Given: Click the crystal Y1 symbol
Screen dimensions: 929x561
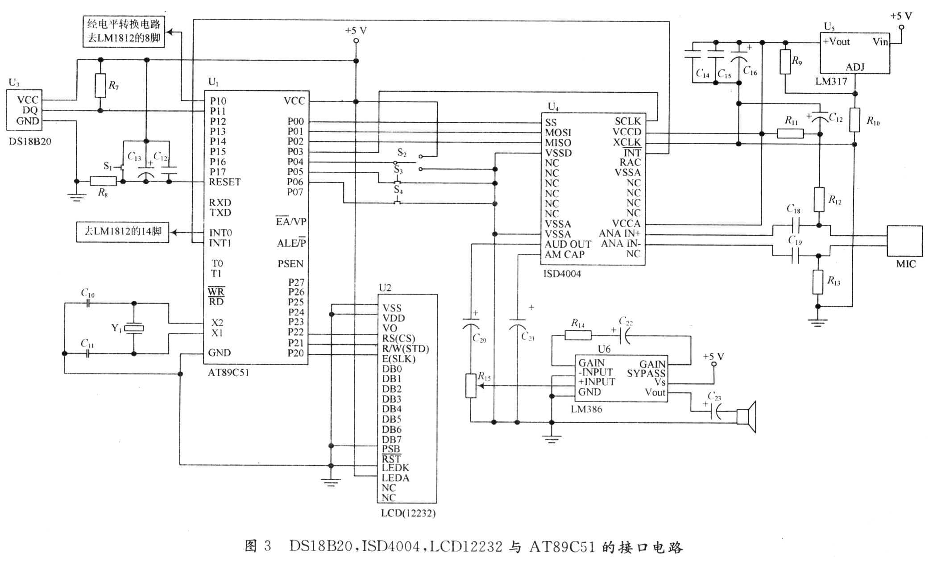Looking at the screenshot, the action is tap(134, 328).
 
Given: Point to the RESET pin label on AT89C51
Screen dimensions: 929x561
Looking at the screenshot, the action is tap(224, 182).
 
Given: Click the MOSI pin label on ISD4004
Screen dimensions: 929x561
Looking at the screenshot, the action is tap(558, 133).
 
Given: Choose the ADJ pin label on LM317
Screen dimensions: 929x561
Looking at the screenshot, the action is tap(855, 67).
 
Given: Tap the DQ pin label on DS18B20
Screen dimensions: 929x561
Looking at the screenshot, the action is tap(30, 110).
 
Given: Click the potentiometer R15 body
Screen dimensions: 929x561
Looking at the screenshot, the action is tap(471, 386).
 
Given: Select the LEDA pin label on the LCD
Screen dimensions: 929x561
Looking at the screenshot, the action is tap(395, 478).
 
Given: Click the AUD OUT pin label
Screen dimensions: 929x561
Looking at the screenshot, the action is tap(568, 244).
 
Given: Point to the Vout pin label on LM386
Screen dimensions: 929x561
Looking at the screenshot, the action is tap(655, 393).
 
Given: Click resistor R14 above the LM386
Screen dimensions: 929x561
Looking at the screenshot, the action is tap(578, 335).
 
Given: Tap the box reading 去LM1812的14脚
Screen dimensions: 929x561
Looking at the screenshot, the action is tap(123, 232).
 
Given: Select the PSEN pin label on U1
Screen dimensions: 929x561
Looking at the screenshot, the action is tap(290, 264).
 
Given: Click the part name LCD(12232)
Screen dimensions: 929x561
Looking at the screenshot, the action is tap(408, 513).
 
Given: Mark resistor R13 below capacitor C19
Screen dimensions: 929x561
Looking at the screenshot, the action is tap(817, 282).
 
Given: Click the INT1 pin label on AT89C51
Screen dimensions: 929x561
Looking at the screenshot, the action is tap(220, 243).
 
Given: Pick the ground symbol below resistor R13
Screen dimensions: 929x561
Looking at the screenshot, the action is tap(817, 323).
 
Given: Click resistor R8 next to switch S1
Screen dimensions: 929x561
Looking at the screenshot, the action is tap(103, 181).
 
